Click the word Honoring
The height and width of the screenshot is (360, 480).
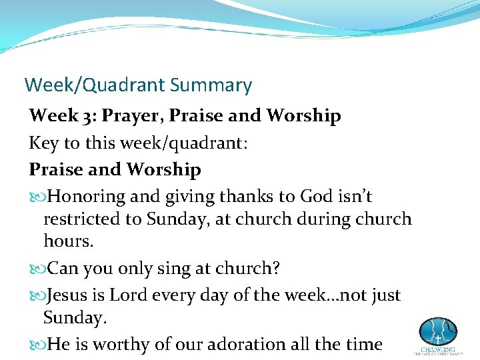[x=87, y=197]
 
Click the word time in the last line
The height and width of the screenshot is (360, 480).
[x=363, y=344]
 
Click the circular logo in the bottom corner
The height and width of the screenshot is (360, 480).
[x=437, y=331]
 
